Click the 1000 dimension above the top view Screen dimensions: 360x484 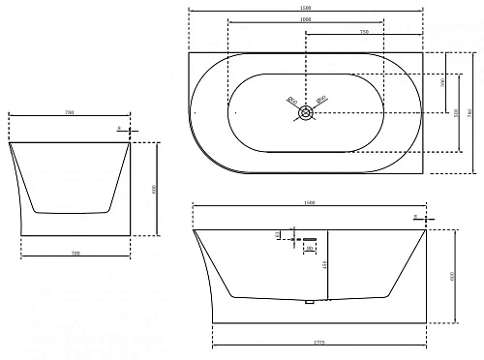coord(306,20)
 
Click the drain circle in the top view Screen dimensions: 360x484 coord(306,111)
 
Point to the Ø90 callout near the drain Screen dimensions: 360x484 coord(322,98)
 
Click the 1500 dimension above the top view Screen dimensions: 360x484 coord(306,8)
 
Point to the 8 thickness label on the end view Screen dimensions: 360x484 coord(118,127)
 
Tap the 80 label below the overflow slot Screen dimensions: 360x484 coord(308,249)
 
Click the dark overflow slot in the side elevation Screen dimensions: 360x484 coord(309,237)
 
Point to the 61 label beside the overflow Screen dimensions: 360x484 coord(278,233)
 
